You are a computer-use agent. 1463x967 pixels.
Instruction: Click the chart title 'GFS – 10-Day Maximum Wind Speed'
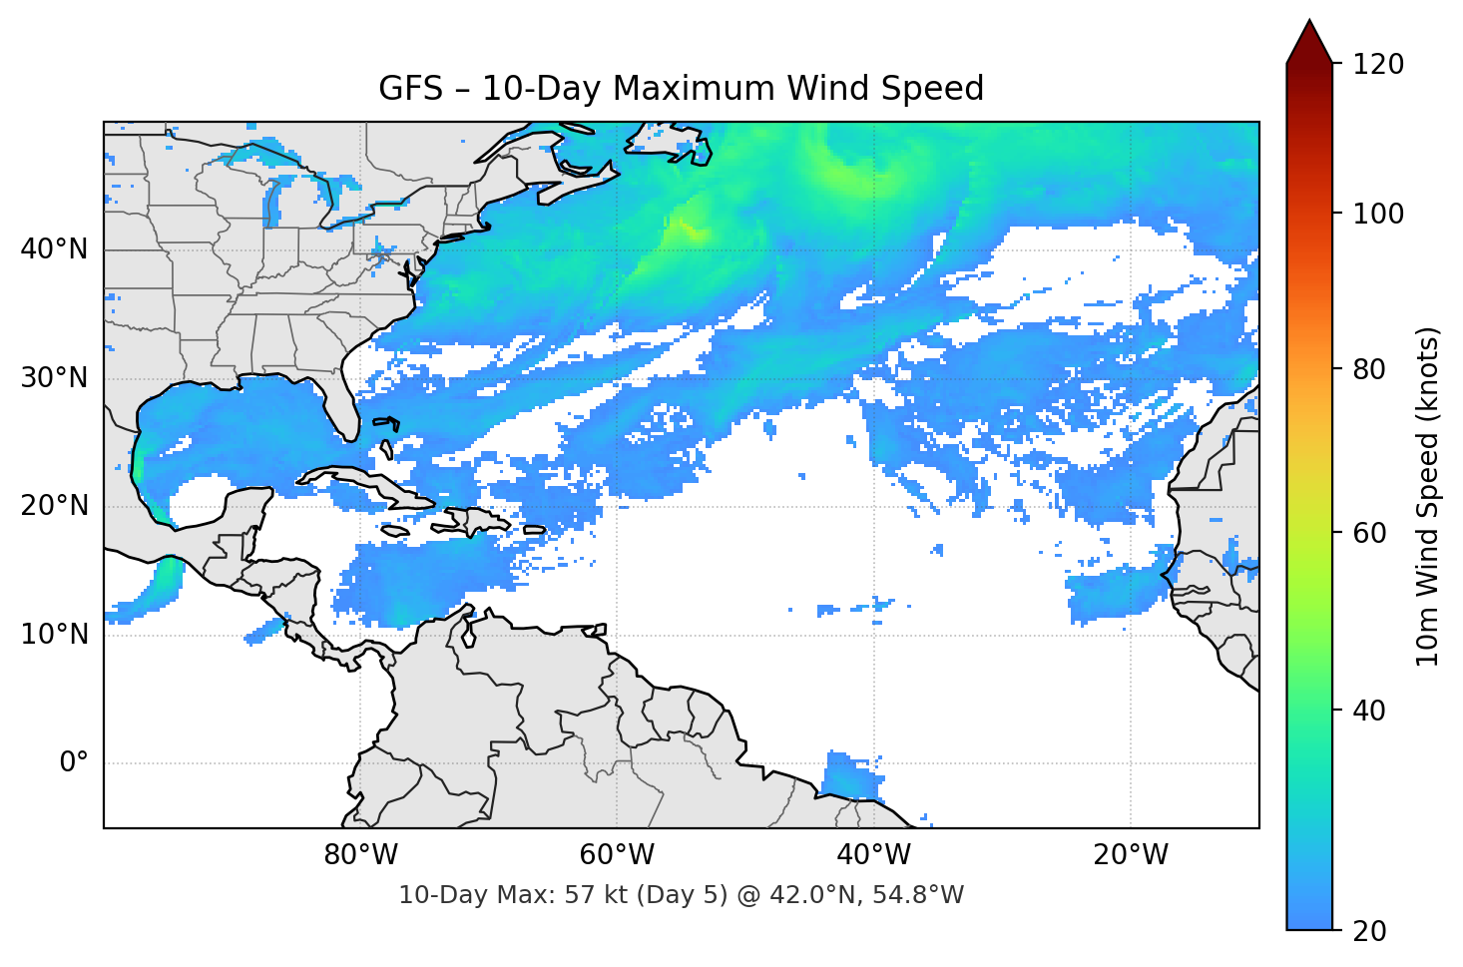(681, 89)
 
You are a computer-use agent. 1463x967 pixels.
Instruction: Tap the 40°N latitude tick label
(54, 249)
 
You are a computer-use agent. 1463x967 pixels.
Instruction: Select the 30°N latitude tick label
(54, 378)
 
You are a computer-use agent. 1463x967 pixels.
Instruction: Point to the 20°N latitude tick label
(54, 506)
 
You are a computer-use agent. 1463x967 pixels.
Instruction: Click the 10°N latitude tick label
(54, 635)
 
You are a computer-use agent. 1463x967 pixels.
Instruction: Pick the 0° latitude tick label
(73, 763)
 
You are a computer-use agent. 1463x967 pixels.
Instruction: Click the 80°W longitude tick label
(360, 855)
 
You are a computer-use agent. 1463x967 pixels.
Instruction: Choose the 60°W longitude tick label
(617, 855)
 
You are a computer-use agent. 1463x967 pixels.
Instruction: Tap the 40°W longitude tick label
(873, 855)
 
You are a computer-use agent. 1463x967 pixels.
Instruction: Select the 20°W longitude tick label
(1130, 855)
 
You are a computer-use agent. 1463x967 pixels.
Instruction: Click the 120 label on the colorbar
(1377, 65)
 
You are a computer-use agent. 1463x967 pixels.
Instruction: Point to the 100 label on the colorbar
(1377, 214)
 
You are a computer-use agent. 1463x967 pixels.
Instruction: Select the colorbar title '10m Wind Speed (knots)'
(1428, 496)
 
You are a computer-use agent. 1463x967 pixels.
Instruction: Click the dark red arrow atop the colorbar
(1309, 42)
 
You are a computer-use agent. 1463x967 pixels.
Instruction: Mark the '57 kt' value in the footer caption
(594, 895)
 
